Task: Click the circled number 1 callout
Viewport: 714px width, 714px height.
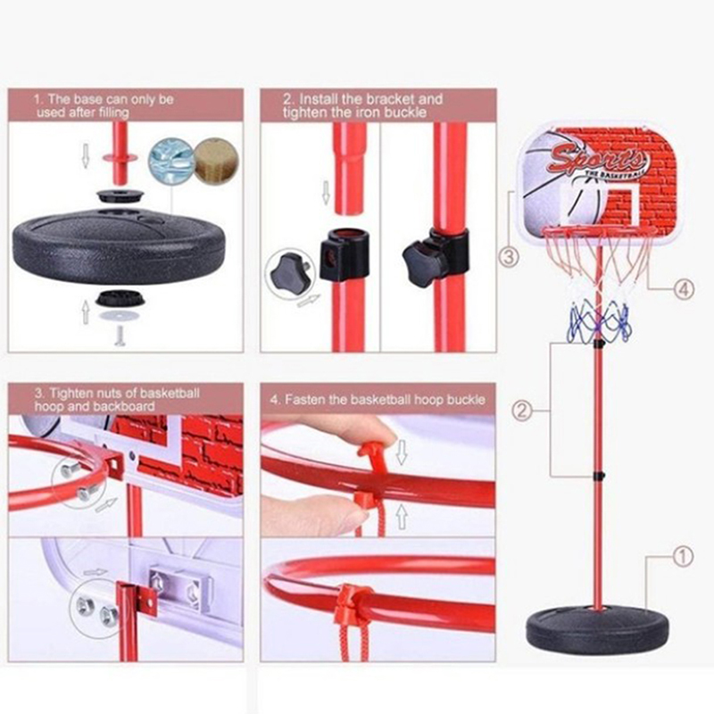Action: pos(683,556)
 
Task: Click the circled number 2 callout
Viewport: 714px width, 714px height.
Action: pos(522,411)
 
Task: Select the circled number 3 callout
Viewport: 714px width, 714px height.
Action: pos(509,257)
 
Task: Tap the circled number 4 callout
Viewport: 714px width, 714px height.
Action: pos(684,288)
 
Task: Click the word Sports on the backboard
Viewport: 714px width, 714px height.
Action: pos(598,158)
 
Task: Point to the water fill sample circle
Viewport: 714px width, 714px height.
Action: pos(171,161)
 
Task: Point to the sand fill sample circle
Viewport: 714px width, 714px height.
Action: pos(217,161)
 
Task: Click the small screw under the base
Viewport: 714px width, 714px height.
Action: pos(120,336)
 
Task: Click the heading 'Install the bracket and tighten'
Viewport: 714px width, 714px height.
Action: pos(362,105)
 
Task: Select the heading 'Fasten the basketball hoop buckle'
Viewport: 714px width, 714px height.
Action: pos(378,399)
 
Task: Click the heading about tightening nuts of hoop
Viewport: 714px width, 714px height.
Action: pos(117,399)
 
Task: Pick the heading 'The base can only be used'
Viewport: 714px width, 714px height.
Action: pos(104,105)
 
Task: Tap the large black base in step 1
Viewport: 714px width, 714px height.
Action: pos(119,246)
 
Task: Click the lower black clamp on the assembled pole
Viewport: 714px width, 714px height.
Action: pos(599,476)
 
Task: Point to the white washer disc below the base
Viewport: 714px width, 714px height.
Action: pos(120,315)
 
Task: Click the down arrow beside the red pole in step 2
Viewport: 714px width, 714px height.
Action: pos(326,192)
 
